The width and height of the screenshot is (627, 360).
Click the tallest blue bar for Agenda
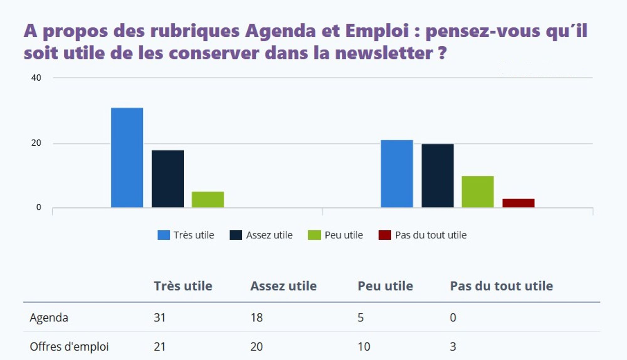click(127, 158)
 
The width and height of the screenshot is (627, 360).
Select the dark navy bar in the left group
click(168, 179)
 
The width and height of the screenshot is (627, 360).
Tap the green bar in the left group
click(208, 199)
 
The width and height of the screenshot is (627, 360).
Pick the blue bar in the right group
click(397, 174)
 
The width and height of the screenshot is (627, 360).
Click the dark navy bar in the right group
click(437, 175)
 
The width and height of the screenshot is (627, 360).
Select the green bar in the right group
click(477, 192)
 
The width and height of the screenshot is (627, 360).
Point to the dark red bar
click(518, 203)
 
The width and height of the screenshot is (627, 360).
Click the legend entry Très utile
click(186, 235)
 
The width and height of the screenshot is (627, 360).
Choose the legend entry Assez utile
click(261, 235)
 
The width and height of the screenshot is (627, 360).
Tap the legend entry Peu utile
click(335, 235)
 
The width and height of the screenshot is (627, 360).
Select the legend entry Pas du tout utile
click(423, 235)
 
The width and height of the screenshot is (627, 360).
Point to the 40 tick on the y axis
click(36, 78)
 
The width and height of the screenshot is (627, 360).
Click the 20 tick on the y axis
click(36, 143)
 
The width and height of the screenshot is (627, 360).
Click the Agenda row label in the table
click(49, 318)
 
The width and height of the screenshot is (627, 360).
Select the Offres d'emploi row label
click(69, 347)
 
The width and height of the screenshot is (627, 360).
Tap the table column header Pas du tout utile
click(501, 286)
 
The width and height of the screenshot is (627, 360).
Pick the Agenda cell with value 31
click(160, 318)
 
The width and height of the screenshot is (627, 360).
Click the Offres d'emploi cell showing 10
click(364, 347)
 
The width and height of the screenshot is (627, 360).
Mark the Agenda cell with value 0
click(453, 318)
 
